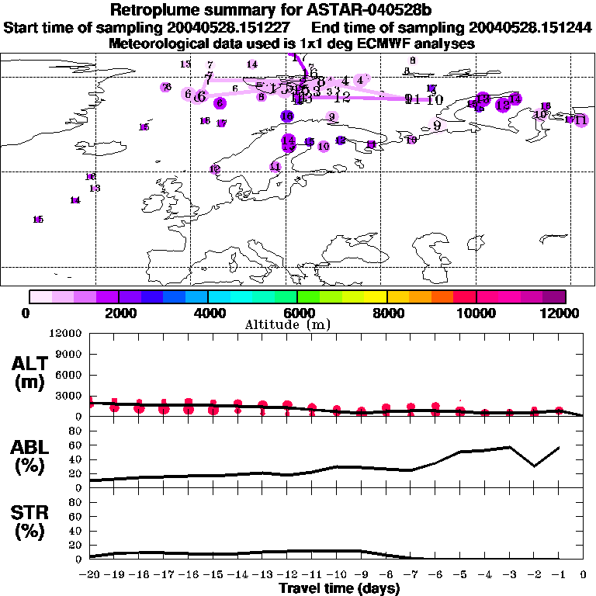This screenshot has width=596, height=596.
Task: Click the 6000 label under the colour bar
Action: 297,313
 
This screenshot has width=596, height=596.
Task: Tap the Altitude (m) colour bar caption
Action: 297,324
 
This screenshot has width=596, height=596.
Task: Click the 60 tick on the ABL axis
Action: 75,445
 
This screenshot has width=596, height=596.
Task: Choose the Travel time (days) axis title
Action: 339,588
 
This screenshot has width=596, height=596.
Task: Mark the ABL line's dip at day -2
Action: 534,466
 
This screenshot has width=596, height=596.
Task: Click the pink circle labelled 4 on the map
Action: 359,79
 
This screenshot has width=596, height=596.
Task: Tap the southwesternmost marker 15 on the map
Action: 38,220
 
